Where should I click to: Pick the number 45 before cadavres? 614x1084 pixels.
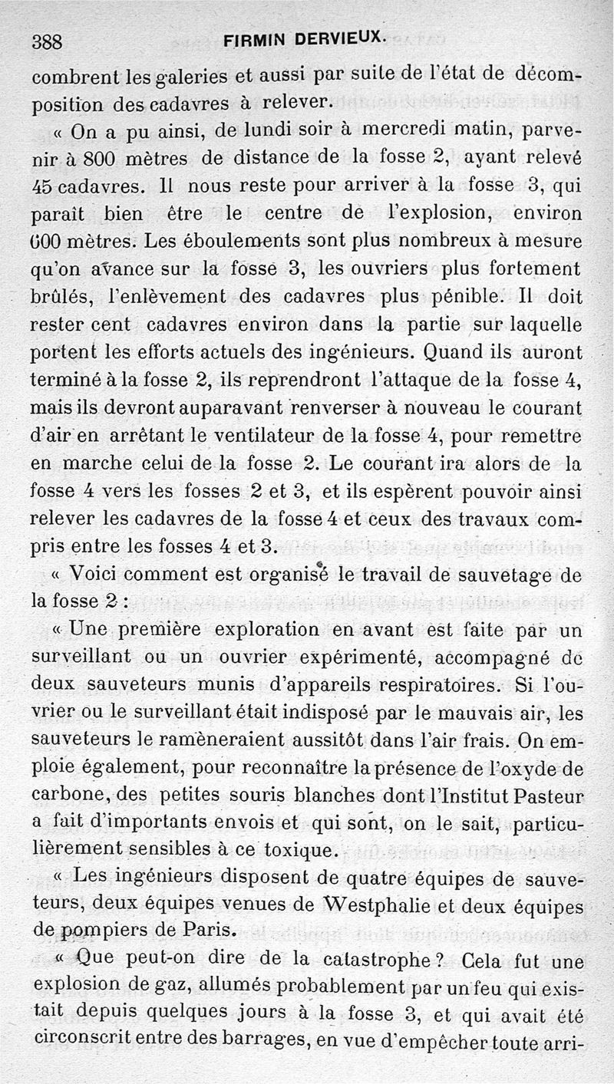(45, 186)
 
